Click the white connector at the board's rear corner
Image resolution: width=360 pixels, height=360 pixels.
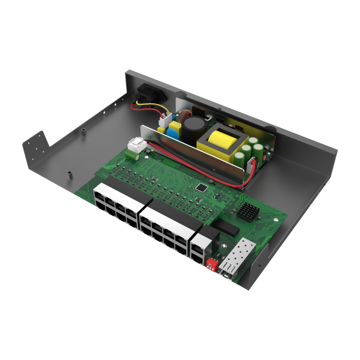click(137, 147)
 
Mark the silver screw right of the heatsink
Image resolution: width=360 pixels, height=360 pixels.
click(276, 219)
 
